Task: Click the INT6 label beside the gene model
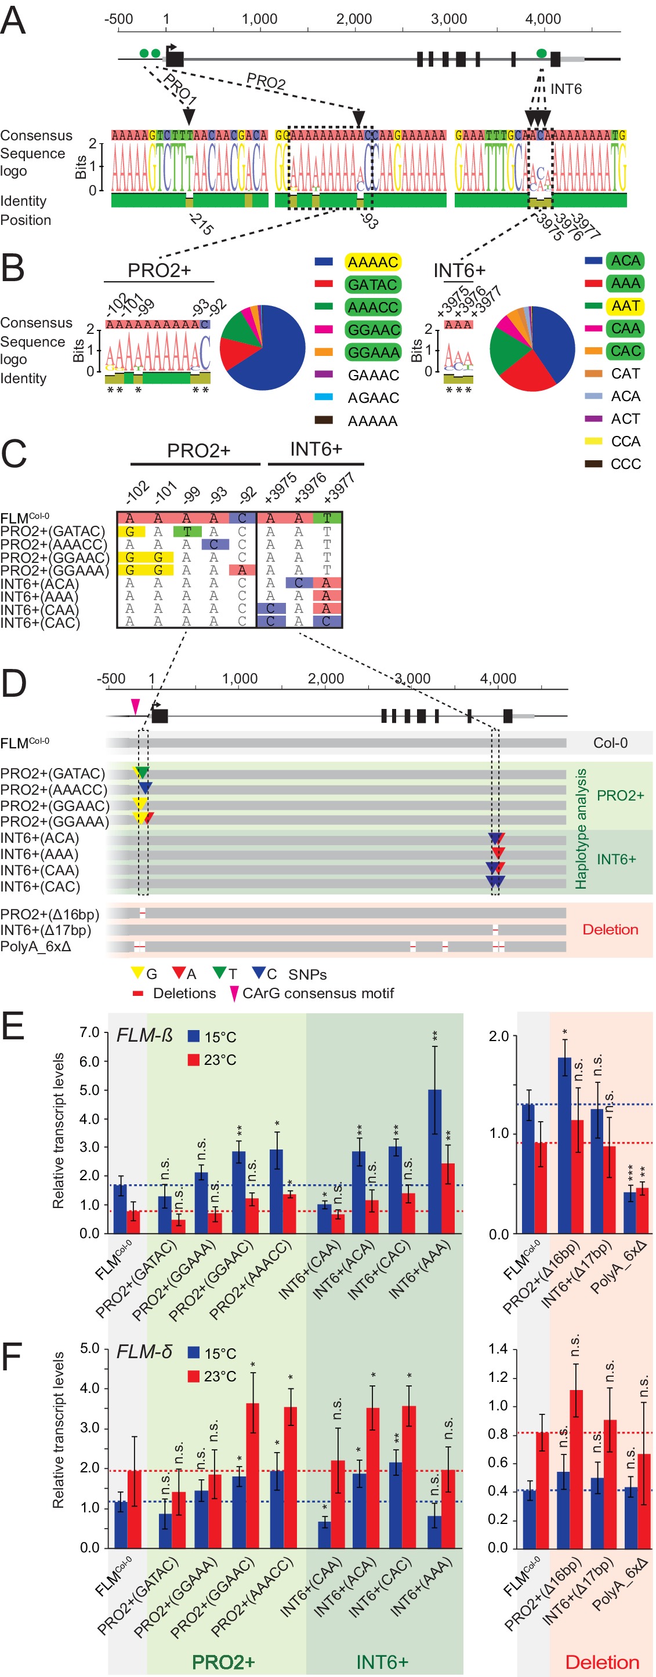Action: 566,89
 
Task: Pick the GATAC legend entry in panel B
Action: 372,285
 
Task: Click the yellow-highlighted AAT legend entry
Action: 625,305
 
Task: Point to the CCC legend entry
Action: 625,464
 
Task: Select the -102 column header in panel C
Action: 137,492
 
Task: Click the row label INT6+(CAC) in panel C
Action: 41,623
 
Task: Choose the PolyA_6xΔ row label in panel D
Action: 36,946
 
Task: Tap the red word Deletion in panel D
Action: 610,929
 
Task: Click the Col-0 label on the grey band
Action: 610,743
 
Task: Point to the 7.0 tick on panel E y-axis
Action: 89,1032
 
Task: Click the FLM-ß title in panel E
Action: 144,1035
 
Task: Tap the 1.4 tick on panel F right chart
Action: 498,1349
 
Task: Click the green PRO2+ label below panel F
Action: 223,1661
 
